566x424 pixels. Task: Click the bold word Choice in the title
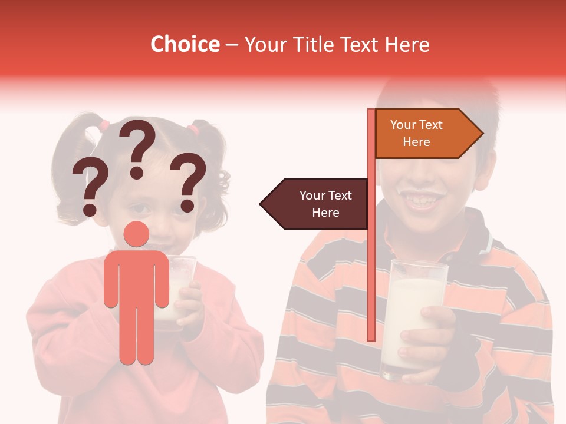(x=185, y=44)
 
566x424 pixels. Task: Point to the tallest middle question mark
(x=138, y=148)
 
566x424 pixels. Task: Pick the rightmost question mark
(x=187, y=181)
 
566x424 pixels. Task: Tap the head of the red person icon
(x=136, y=234)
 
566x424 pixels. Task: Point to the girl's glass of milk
(x=177, y=289)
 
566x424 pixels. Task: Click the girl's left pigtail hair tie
(x=104, y=125)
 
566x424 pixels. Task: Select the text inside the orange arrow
(x=416, y=133)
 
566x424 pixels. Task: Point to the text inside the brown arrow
(x=325, y=204)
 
